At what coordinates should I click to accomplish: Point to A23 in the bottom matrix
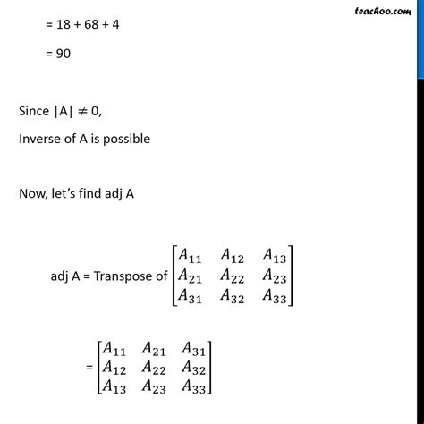tap(154, 387)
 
